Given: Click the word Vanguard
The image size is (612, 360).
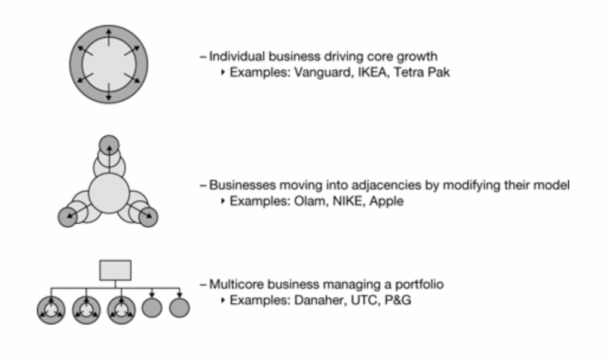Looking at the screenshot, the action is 323,72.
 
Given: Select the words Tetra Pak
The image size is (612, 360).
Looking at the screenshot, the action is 421,72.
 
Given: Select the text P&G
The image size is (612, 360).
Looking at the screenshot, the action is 397,300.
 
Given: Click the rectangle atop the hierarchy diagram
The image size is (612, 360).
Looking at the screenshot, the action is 115,270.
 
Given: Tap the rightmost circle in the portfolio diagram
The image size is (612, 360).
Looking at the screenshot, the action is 179,307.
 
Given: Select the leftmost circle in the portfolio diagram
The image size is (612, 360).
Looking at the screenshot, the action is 51,310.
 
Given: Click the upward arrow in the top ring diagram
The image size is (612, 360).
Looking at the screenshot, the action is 109,38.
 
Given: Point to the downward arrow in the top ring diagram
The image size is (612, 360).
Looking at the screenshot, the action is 109,91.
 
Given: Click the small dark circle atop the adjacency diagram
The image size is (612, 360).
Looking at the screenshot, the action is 109,145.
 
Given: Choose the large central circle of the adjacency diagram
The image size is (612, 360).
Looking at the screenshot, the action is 109,193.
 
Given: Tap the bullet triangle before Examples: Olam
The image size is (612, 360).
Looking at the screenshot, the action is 223,201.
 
